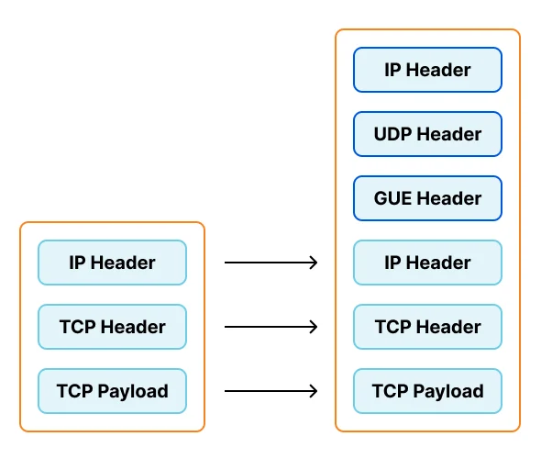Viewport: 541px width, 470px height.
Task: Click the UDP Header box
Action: tap(427, 134)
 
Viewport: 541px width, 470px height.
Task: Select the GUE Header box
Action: tap(427, 198)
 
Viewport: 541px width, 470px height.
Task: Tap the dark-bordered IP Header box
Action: tap(427, 70)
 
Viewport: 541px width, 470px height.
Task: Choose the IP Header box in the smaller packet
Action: tap(112, 263)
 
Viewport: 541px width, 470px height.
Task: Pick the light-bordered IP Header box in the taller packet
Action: tap(427, 263)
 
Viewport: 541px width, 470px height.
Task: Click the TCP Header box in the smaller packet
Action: tap(112, 327)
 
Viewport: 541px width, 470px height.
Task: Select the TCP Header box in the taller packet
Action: tap(427, 327)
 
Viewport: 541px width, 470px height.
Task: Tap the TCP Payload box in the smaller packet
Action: tap(112, 391)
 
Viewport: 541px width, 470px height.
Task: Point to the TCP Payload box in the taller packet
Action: tap(427, 391)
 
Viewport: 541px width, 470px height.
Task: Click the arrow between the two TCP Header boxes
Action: tap(270, 327)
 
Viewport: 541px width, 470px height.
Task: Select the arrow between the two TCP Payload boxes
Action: tap(270, 391)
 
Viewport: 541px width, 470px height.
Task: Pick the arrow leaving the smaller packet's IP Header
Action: tap(270, 263)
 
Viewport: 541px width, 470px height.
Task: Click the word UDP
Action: tap(393, 134)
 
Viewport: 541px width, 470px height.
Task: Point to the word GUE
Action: tap(393, 198)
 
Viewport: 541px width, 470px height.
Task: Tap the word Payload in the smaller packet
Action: tap(133, 392)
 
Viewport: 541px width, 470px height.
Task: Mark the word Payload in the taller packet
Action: tap(448, 392)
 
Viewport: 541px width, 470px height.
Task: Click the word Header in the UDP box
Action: tap(449, 134)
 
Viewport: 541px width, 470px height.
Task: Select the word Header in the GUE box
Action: tap(449, 198)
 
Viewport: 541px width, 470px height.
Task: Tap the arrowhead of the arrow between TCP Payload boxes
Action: tap(314, 391)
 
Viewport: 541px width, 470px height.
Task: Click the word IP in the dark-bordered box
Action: tap(392, 70)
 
